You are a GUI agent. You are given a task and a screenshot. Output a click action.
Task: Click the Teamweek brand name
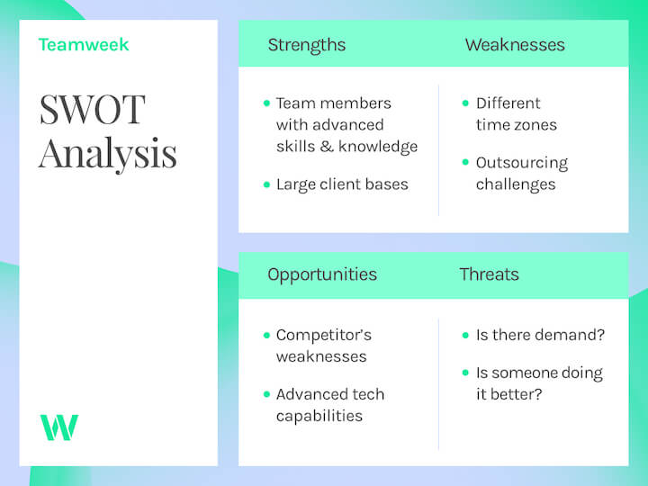click(84, 44)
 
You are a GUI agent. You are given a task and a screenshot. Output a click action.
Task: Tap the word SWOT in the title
click(91, 110)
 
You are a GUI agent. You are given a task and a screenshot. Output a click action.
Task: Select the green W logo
click(58, 427)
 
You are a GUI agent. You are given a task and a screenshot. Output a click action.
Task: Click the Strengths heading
click(306, 45)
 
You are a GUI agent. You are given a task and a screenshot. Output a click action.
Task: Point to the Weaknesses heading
click(515, 45)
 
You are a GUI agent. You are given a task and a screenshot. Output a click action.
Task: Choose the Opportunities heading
click(322, 274)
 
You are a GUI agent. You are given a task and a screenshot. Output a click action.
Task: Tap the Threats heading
click(489, 274)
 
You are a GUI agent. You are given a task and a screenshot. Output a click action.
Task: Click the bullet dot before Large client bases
click(266, 184)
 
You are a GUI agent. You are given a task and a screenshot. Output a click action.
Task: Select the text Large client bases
click(342, 184)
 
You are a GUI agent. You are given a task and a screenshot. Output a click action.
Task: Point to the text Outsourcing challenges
click(521, 174)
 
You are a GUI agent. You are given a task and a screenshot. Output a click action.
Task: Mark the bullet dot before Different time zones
click(466, 103)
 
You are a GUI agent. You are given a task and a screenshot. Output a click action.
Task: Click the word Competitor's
click(323, 335)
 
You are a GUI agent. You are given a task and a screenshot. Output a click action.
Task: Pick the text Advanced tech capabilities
click(329, 405)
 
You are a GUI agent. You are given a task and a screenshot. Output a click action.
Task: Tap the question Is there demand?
click(540, 335)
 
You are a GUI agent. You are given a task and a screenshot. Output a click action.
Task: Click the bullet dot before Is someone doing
click(466, 373)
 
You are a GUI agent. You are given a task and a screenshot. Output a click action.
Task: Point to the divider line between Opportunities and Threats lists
click(438, 382)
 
